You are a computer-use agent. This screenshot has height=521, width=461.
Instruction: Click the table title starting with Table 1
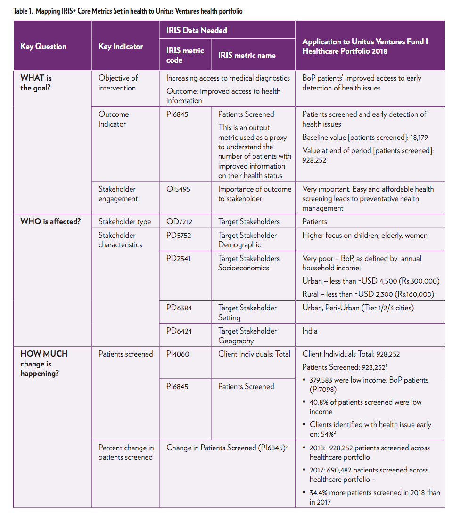(128, 10)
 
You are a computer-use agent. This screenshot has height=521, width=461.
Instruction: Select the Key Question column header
(43, 46)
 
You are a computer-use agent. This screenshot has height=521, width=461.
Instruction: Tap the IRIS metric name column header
(247, 55)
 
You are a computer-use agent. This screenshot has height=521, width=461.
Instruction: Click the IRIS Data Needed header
(197, 30)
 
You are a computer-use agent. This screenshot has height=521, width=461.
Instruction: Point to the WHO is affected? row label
(50, 221)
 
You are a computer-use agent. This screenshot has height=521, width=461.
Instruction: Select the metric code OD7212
(179, 221)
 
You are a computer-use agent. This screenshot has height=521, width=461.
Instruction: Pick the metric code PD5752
(179, 235)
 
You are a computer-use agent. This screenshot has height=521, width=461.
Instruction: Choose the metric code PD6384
(179, 308)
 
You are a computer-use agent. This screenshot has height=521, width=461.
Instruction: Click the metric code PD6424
(179, 331)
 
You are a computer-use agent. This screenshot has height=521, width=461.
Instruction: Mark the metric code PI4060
(178, 354)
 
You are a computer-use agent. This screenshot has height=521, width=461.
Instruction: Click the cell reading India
(310, 331)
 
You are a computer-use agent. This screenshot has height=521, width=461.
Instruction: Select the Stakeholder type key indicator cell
(124, 221)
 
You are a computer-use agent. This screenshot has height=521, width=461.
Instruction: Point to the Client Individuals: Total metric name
(254, 354)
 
